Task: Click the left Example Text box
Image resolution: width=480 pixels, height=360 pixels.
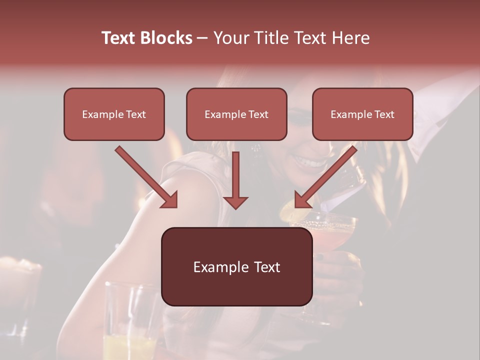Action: (114, 114)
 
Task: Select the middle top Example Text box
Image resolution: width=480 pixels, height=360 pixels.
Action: (236, 114)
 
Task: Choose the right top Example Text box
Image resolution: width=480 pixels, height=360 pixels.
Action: (362, 114)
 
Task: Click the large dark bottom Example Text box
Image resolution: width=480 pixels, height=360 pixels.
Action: (236, 267)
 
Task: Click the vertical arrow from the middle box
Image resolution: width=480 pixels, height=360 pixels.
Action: (235, 180)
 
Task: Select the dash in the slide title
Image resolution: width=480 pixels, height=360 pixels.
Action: (202, 38)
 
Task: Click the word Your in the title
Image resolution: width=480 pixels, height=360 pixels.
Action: (229, 38)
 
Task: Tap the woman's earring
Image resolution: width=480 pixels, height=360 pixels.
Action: (256, 148)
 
